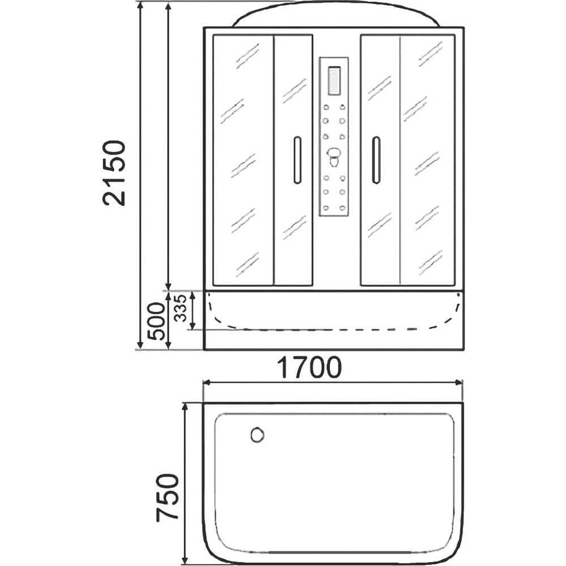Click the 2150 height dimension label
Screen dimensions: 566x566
[114, 173]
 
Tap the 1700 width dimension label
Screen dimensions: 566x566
[309, 367]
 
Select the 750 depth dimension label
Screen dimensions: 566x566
[168, 498]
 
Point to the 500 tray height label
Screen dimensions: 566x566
[157, 321]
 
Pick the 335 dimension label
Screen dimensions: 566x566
[180, 308]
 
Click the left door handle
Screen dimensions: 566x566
[298, 160]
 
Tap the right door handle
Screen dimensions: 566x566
[376, 161]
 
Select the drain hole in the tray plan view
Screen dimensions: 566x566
[257, 435]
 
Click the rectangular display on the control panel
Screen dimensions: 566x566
[334, 81]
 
